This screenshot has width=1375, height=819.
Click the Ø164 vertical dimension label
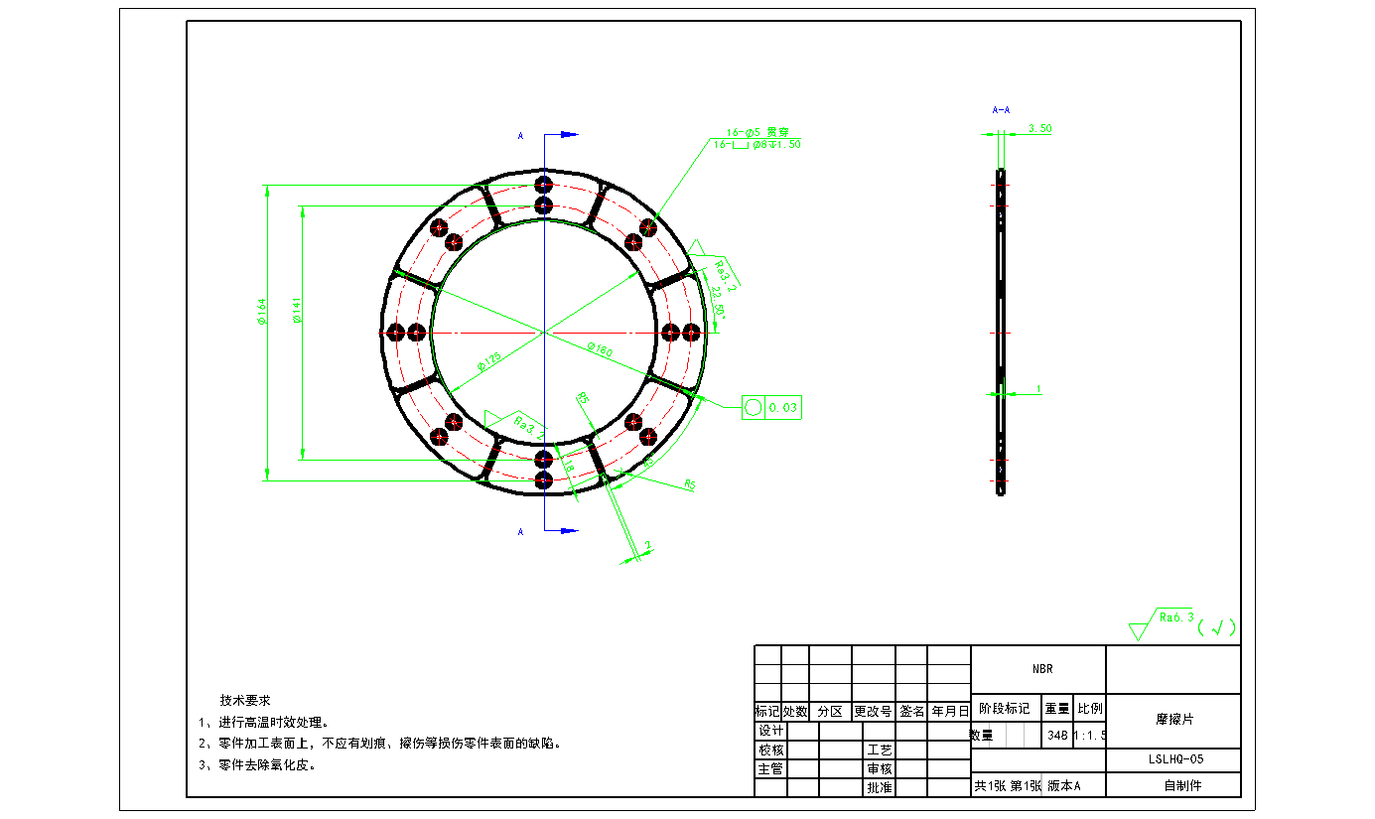[x=262, y=313]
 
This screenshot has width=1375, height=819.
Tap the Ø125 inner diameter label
[x=488, y=359]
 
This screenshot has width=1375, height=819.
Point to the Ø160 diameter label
[x=599, y=349]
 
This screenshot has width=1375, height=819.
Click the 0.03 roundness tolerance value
[x=783, y=408]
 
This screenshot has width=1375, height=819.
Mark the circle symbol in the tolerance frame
[x=754, y=408]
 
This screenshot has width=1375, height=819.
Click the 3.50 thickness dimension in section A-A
[x=1039, y=129]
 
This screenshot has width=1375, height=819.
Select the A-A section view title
[x=1001, y=110]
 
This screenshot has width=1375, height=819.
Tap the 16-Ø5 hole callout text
[x=750, y=131]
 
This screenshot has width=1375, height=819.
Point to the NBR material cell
[x=1038, y=669]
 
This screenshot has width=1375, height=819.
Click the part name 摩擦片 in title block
[x=1173, y=720]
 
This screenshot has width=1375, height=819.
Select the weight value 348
[x=1057, y=736]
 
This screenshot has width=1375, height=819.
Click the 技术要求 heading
[x=245, y=700]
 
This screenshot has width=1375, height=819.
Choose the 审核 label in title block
[x=880, y=768]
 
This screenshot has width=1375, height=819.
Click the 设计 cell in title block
[x=771, y=731]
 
